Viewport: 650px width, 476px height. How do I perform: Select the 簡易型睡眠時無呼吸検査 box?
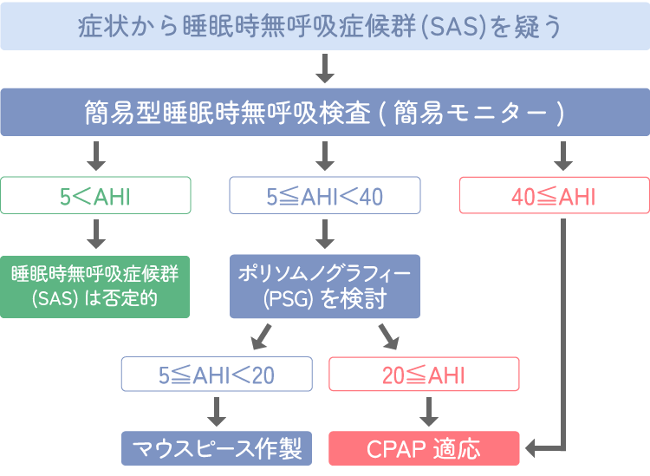pyautogui.click(x=324, y=113)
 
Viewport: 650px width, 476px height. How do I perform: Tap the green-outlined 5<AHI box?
pyautogui.click(x=94, y=196)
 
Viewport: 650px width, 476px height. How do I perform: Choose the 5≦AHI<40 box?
pyautogui.click(x=324, y=196)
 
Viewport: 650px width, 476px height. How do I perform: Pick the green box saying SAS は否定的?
pyautogui.click(x=94, y=286)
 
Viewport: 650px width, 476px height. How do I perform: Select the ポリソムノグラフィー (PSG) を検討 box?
pyautogui.click(x=324, y=286)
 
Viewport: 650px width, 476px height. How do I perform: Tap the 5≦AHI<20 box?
pyautogui.click(x=216, y=375)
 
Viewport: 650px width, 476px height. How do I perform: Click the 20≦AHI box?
pyautogui.click(x=424, y=375)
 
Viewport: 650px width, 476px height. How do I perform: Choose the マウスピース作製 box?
pyautogui.click(x=216, y=449)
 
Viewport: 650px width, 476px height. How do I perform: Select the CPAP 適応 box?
pyautogui.click(x=424, y=449)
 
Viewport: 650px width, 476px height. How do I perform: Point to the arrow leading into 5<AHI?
pyautogui.click(x=94, y=156)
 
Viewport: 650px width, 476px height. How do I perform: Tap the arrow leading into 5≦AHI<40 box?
pyautogui.click(x=324, y=156)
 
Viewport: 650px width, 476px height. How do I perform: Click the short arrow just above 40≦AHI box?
pyautogui.click(x=563, y=156)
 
